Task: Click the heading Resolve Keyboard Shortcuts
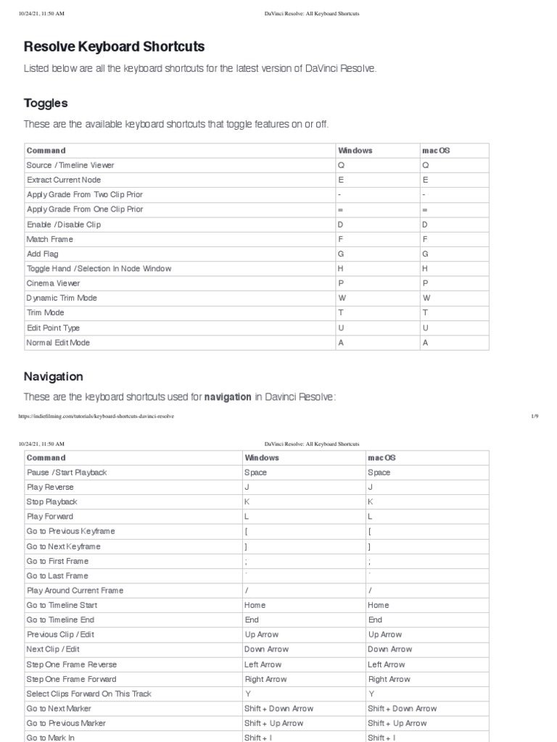tap(115, 47)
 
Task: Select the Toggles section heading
tap(46, 103)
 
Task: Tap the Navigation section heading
tap(54, 377)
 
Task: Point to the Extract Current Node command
tap(64, 180)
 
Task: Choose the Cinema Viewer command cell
tap(54, 283)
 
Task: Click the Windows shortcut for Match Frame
tap(340, 239)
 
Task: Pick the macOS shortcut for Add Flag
tap(426, 254)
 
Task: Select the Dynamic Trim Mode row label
tap(62, 298)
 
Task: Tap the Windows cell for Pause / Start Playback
tap(255, 472)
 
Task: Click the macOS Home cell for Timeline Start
tap(378, 605)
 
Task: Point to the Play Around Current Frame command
tap(75, 591)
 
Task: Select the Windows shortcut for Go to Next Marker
tap(278, 709)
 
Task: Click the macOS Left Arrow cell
tap(386, 664)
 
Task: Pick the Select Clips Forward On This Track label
tap(88, 694)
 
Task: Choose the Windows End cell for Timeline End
tap(252, 620)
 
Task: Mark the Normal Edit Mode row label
tap(58, 343)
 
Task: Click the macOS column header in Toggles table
tap(435, 150)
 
